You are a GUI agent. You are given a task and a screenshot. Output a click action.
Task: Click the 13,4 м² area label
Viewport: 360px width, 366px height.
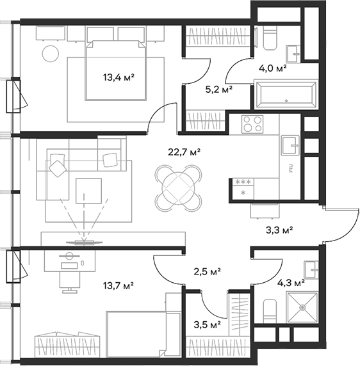click(x=119, y=77)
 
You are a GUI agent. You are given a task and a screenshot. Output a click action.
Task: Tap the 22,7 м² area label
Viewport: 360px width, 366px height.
click(x=184, y=152)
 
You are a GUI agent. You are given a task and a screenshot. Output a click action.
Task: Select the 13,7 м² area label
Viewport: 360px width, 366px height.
click(x=119, y=285)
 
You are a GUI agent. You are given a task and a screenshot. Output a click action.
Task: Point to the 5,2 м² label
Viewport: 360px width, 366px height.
click(x=218, y=89)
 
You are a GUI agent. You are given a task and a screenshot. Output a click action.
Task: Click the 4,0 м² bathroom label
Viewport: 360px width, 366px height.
click(x=273, y=68)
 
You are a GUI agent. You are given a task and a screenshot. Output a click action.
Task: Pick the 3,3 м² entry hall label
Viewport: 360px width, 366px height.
click(x=279, y=230)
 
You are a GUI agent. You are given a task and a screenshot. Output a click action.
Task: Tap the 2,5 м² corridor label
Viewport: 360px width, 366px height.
click(x=208, y=271)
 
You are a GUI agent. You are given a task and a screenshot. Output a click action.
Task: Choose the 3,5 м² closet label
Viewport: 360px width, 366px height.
click(x=207, y=324)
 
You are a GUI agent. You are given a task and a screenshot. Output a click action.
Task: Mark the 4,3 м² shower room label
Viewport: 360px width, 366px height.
click(x=291, y=283)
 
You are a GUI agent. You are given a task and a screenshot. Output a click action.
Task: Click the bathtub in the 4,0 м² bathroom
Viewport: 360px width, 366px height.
click(x=286, y=94)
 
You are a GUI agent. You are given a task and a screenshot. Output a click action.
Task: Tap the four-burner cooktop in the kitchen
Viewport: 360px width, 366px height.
click(x=252, y=124)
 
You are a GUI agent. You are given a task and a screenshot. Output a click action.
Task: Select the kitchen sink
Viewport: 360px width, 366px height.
click(x=290, y=145)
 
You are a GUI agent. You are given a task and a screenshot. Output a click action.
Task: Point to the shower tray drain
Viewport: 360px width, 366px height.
click(x=303, y=307)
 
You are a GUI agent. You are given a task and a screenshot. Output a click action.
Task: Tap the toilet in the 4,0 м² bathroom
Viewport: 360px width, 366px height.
click(x=270, y=38)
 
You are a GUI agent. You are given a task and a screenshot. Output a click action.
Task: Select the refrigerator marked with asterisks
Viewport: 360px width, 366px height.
click(x=243, y=189)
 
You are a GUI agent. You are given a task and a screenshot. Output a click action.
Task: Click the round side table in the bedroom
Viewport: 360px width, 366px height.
click(x=50, y=54)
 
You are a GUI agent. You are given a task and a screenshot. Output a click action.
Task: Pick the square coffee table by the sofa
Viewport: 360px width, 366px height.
click(x=89, y=191)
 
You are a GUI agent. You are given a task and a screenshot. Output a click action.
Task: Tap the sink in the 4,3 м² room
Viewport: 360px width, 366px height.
click(x=311, y=270)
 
